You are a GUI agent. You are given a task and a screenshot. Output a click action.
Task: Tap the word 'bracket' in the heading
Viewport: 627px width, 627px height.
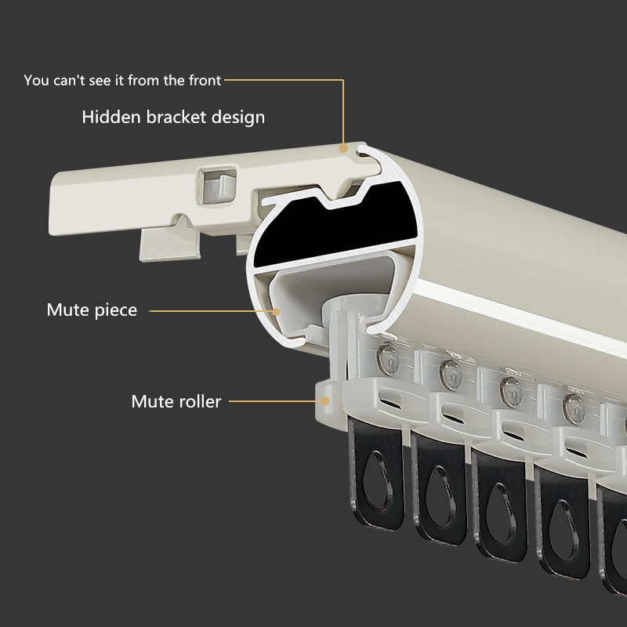[176, 117]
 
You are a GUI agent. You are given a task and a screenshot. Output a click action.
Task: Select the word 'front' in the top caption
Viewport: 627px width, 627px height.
[205, 81]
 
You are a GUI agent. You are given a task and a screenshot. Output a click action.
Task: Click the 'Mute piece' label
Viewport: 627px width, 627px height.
[92, 310]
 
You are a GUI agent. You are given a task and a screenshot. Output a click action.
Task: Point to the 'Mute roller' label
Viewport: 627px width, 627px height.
[176, 401]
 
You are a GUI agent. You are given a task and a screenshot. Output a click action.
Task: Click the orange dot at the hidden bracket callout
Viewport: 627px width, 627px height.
[343, 148]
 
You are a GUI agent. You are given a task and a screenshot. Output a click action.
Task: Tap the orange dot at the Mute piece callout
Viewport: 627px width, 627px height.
[276, 311]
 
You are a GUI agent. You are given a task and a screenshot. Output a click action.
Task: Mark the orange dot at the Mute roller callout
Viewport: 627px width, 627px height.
[325, 400]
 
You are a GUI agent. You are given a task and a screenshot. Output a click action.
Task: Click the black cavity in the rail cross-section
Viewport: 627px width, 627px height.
[336, 226]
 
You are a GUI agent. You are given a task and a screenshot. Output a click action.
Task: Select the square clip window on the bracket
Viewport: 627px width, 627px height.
[217, 185]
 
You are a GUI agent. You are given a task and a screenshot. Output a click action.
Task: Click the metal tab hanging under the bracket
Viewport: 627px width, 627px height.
[169, 239]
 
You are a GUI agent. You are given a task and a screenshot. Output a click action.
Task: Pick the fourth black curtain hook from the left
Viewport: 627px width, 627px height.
[562, 522]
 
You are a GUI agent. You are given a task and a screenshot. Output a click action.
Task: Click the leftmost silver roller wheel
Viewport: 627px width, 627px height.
[387, 359]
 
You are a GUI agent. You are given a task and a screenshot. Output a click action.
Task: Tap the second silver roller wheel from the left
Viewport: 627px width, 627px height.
[451, 375]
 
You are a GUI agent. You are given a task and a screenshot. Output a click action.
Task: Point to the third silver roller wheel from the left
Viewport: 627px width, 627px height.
[511, 392]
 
